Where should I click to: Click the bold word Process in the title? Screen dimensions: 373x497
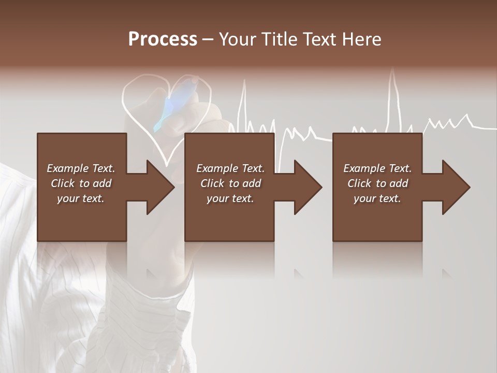point(163,39)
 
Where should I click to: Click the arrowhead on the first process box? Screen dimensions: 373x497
point(161,187)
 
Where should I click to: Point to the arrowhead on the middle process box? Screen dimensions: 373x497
point(309,187)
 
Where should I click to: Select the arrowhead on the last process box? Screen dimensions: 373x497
point(457,187)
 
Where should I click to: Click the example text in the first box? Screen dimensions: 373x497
point(81,183)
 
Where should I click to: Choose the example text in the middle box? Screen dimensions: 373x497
point(230,183)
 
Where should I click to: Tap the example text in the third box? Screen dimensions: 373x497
point(377,183)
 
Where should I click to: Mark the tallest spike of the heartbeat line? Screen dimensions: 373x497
point(392,83)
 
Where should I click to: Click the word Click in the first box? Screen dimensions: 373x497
point(63,183)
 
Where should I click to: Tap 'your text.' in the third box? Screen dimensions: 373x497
point(377,198)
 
